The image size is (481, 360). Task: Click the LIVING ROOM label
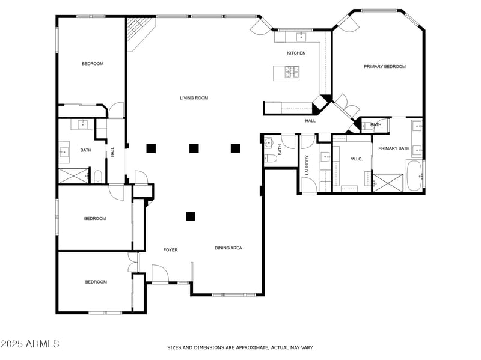pyautogui.click(x=194, y=97)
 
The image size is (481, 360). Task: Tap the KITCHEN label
pyautogui.click(x=296, y=53)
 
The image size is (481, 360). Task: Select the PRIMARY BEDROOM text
pyautogui.click(x=384, y=66)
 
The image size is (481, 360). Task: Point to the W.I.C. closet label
pyautogui.click(x=357, y=159)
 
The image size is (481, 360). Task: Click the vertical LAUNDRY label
pyautogui.click(x=307, y=165)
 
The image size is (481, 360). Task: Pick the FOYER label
pyautogui.click(x=171, y=249)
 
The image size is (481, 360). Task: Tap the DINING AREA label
pyautogui.click(x=228, y=248)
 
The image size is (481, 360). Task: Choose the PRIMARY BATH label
pyautogui.click(x=394, y=148)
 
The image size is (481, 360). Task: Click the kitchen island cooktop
pyautogui.click(x=292, y=73)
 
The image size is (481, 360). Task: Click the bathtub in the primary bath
pyautogui.click(x=414, y=175)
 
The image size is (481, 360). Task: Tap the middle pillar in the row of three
pyautogui.click(x=194, y=148)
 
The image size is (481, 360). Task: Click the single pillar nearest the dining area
pyautogui.click(x=191, y=216)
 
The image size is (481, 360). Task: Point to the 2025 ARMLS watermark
pyautogui.click(x=30, y=344)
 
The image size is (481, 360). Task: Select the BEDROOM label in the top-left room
pyautogui.click(x=93, y=64)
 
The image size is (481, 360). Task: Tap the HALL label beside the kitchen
pyautogui.click(x=310, y=121)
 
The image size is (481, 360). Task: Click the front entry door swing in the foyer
pyautogui.click(x=159, y=273)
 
